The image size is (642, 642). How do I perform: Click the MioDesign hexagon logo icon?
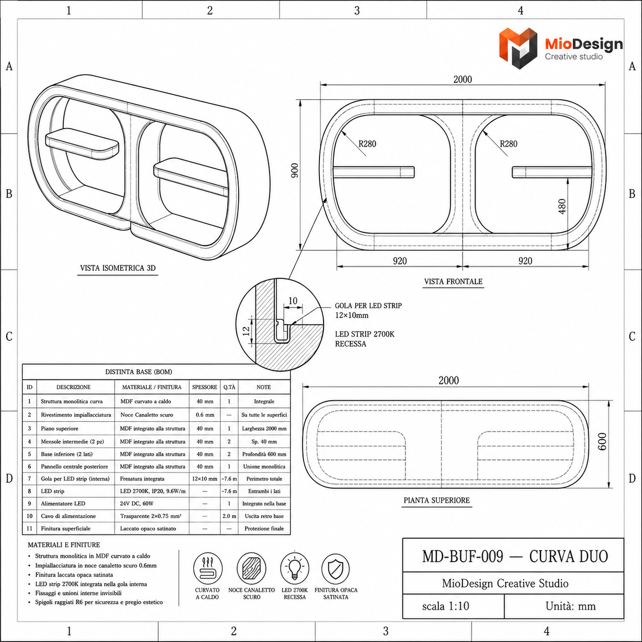518,48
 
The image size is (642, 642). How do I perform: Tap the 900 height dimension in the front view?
295,170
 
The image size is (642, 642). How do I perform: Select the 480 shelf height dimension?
562,206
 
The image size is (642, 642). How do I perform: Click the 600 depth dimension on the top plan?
603,442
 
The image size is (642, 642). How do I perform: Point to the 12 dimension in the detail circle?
246,331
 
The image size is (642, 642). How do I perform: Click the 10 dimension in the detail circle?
293,301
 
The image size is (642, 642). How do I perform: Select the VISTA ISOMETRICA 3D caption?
118,268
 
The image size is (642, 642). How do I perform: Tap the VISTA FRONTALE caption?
453,282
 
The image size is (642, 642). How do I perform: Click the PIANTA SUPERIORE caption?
436,500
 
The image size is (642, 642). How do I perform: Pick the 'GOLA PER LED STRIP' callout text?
368,306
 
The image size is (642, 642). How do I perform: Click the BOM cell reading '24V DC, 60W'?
137,503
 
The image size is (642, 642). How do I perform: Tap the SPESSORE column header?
205,387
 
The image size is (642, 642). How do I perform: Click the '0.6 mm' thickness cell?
205,415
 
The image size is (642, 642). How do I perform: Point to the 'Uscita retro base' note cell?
264,516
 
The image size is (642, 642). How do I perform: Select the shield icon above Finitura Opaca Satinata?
335,569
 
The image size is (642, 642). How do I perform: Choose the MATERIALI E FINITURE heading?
64,545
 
